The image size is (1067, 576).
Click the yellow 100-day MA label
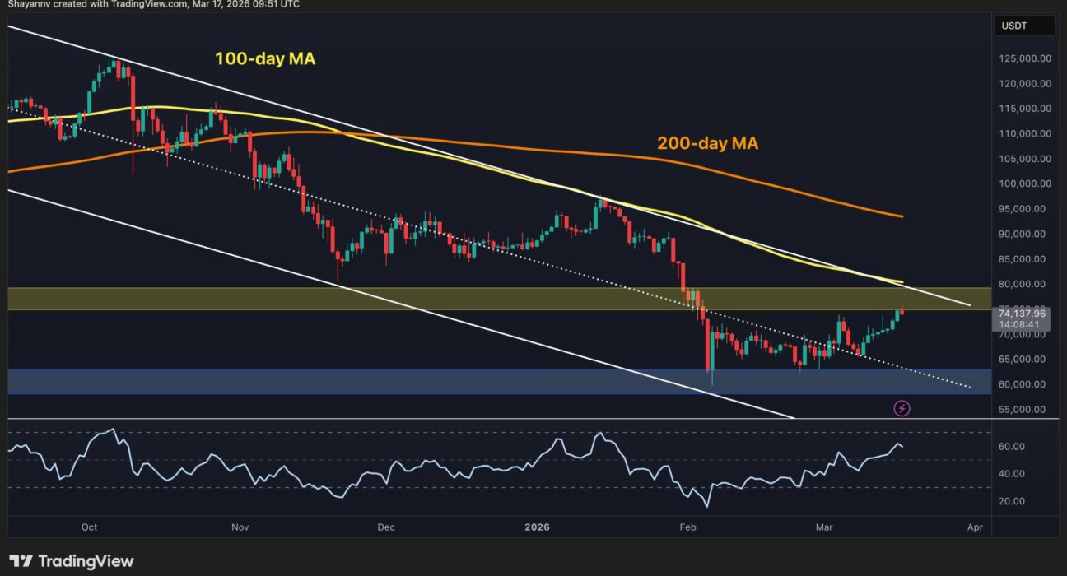coord(264,59)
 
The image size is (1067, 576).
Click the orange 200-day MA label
coord(707,143)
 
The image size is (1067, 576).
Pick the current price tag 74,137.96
coord(1022,313)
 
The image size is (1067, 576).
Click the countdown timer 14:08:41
coord(1022,324)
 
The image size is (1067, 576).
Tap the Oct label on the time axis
coord(90,527)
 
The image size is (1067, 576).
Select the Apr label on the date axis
coord(975,527)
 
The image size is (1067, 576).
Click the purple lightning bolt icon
coord(902,407)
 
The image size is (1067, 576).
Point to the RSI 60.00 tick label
coord(1012,447)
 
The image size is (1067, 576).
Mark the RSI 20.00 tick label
coord(1012,501)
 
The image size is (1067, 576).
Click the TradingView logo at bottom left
coord(72,561)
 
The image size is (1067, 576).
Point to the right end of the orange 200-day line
coord(902,216)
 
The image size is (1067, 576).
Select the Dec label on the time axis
coord(385,527)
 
